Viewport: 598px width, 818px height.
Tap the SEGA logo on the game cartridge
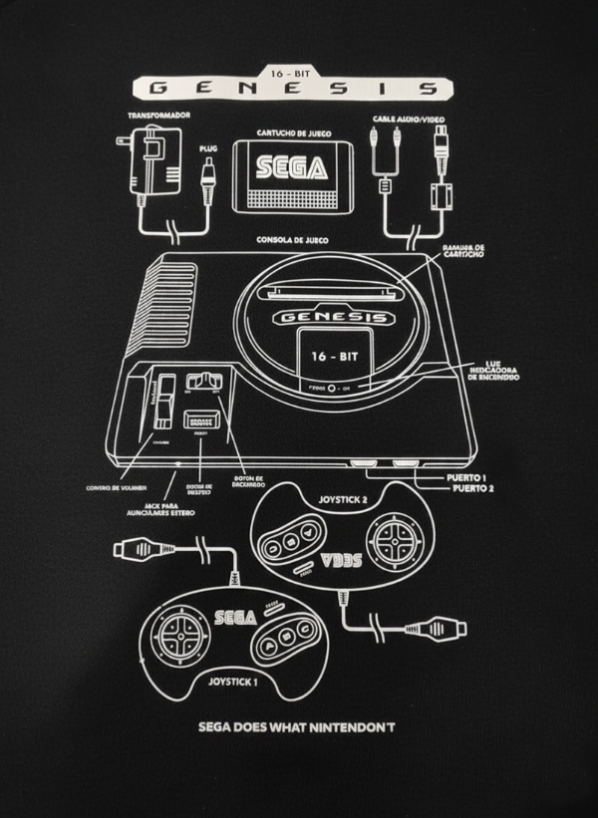click(x=290, y=167)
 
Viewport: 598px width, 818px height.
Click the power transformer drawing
click(x=153, y=169)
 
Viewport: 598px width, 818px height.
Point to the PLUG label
click(x=208, y=148)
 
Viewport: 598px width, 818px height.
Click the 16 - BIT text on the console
click(x=331, y=356)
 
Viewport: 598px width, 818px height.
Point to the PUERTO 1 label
click(x=468, y=477)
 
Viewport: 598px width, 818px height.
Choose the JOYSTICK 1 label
click(x=232, y=682)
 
